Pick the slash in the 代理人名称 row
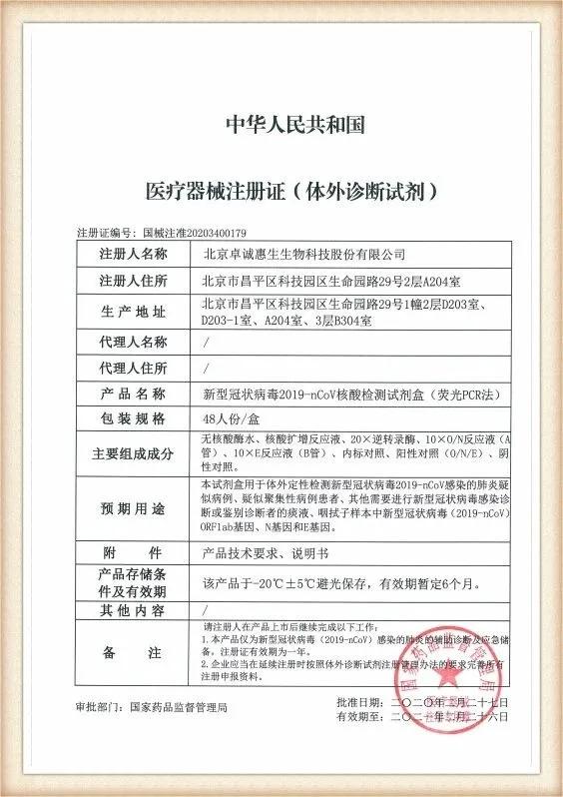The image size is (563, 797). click(x=206, y=342)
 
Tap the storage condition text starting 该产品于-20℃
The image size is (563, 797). click(x=328, y=581)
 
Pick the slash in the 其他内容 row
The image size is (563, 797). click(x=206, y=608)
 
